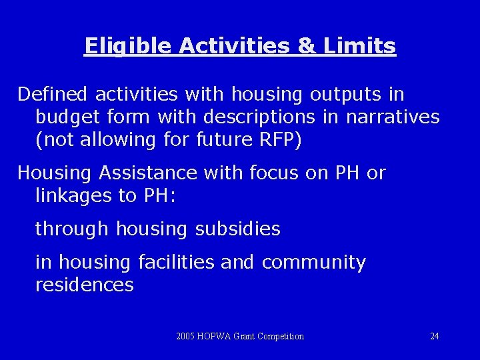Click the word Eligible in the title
[119, 47]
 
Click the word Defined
[53, 95]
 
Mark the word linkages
[70, 196]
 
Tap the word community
[314, 263]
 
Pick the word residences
[84, 285]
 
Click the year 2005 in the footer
[186, 337]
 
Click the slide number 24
[434, 337]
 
